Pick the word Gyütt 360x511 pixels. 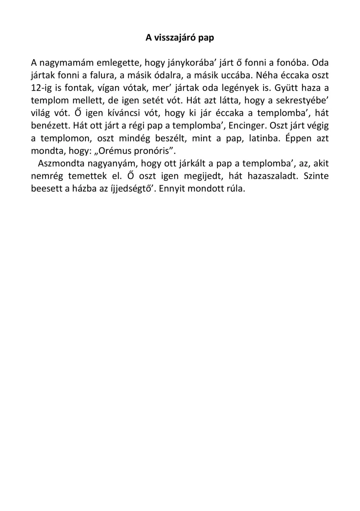(285, 88)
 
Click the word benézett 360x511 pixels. (50, 126)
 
